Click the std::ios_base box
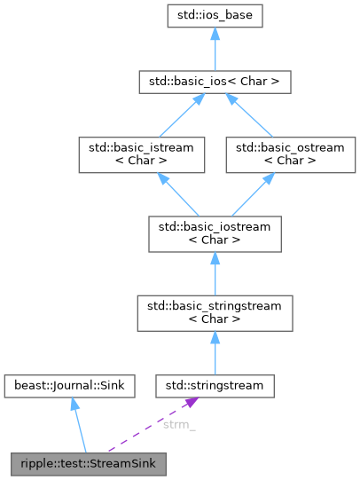pos(215,16)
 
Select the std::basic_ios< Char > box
pos(215,83)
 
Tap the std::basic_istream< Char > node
pos(142,152)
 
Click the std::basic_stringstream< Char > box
pos(215,313)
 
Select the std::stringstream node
pos(215,386)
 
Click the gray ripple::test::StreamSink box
pos(85,464)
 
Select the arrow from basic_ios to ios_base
pos(215,50)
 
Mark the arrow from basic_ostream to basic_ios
pos(252,116)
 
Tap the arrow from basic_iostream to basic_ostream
pos(249,192)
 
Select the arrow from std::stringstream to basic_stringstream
pos(215,351)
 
